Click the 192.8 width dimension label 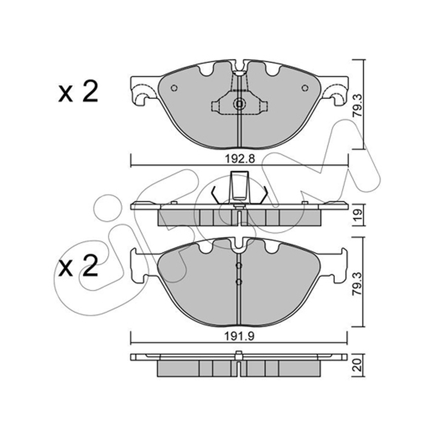240,159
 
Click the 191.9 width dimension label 239,336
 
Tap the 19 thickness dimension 358,215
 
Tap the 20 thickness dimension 358,365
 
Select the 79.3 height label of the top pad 358,105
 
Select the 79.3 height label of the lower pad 358,284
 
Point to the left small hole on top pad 174,88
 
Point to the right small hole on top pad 304,88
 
